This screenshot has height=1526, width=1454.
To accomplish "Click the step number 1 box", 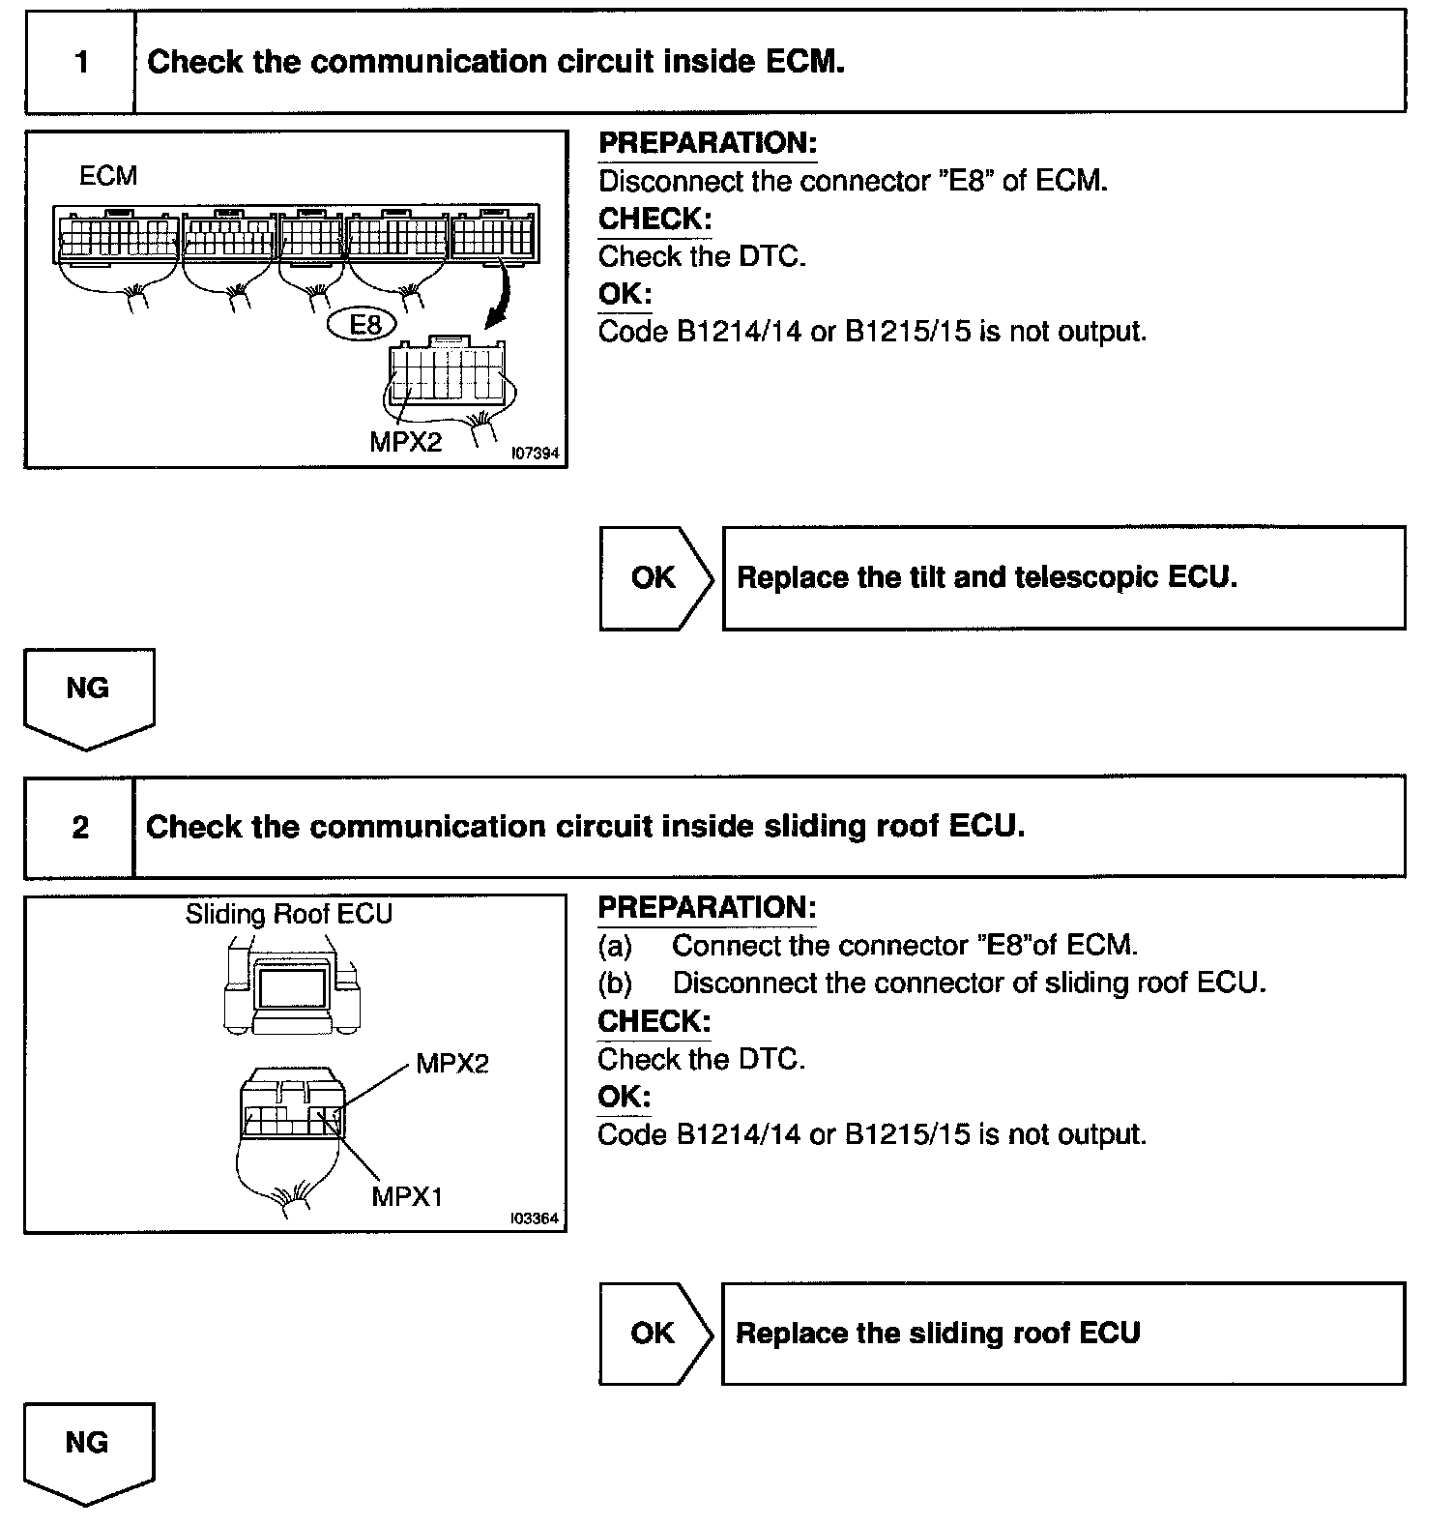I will [x=80, y=62].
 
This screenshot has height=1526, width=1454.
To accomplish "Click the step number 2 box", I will [x=80, y=827].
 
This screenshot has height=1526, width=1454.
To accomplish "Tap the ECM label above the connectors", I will [x=108, y=176].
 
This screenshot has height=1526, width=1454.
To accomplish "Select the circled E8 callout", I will [x=363, y=325].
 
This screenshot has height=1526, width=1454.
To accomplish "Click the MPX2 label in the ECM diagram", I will [x=405, y=442].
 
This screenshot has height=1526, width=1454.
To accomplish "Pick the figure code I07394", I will [x=535, y=453].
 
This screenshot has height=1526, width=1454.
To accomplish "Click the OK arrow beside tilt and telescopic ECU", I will [x=654, y=578].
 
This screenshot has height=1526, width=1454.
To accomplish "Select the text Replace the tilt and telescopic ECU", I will [x=986, y=578].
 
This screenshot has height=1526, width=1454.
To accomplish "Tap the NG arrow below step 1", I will [x=88, y=696].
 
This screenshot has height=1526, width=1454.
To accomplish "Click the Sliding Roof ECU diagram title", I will [x=289, y=915].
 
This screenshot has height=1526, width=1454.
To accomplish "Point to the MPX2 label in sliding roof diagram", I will [x=452, y=1065].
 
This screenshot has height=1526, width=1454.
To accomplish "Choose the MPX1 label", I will [x=407, y=1196].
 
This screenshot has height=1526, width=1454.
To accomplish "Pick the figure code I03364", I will [x=535, y=1218].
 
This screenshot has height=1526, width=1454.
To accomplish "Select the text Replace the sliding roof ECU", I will [x=938, y=1334].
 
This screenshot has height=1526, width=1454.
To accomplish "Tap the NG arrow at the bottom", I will [x=88, y=1451].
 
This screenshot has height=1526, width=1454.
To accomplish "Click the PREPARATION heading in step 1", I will [x=708, y=144].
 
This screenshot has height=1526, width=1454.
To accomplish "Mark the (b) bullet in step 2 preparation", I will [x=615, y=983].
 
